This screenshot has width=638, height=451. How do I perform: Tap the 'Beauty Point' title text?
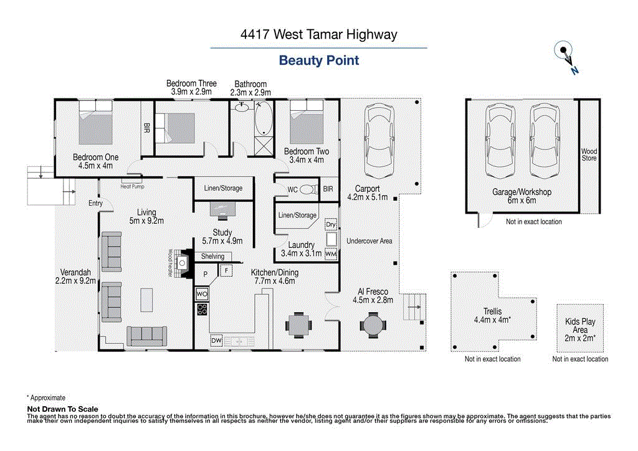click(x=318, y=60)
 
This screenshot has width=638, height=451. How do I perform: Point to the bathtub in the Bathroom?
click(x=264, y=119)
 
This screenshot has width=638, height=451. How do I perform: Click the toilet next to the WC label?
click(x=308, y=189)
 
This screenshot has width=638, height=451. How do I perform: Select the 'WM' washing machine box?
click(x=331, y=254)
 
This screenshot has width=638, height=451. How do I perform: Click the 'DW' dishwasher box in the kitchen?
click(x=216, y=341)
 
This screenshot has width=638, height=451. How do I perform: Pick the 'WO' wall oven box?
click(x=202, y=293)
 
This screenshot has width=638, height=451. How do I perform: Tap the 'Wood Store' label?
click(x=589, y=154)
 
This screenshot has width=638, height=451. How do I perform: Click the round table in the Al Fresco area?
click(x=373, y=325)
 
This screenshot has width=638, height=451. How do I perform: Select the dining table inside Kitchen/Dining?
click(x=298, y=325)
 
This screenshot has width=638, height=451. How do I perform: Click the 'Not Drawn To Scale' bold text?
click(x=62, y=409)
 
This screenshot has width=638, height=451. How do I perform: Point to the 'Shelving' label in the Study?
click(x=212, y=257)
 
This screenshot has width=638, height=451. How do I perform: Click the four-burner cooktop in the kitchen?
click(x=202, y=308)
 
